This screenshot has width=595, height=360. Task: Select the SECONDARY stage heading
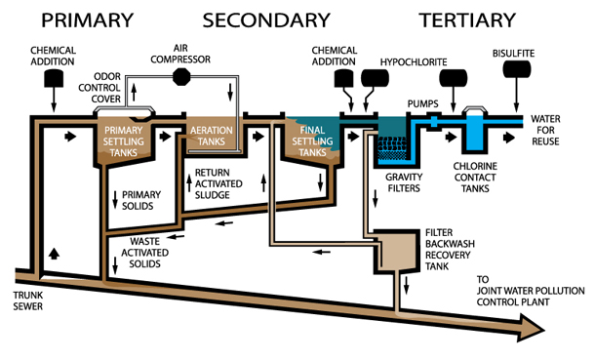click(265, 20)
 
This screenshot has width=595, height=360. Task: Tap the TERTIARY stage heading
click(466, 20)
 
